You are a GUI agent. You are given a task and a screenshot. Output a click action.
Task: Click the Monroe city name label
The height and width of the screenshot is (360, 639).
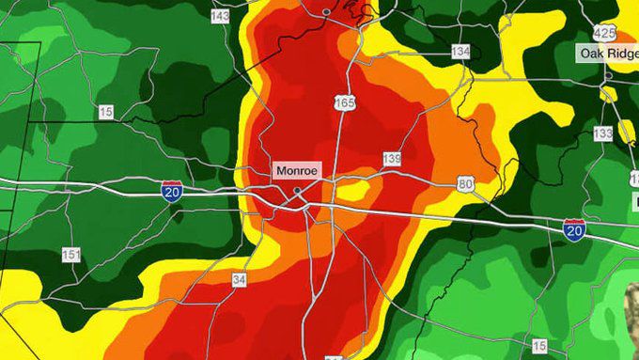(297, 172)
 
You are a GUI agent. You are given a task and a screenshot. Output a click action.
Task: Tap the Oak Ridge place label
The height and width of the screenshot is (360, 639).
(607, 54)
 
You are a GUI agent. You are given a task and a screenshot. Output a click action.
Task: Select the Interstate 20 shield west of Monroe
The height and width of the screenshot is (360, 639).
(172, 192)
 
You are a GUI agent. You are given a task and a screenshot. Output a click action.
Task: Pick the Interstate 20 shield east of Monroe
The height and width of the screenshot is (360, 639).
(574, 227)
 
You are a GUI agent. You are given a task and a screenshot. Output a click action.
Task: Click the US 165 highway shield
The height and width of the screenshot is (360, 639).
(345, 102)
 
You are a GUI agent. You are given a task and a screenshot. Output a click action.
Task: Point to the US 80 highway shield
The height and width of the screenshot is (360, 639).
(465, 184)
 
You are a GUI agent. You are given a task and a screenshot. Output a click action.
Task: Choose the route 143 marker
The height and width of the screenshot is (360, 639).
(221, 17)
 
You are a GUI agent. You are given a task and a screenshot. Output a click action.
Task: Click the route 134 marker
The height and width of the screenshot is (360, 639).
(460, 52)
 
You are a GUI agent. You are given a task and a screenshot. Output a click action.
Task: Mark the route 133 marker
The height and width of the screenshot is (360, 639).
(602, 134)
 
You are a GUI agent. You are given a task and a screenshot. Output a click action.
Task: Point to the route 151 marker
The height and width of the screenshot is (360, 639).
(70, 255)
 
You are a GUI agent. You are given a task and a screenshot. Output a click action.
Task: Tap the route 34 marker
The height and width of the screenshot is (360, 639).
(240, 278)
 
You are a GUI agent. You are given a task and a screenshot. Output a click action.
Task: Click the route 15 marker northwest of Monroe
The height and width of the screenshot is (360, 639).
(105, 112)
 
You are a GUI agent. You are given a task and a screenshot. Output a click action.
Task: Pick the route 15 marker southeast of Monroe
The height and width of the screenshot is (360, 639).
(538, 346)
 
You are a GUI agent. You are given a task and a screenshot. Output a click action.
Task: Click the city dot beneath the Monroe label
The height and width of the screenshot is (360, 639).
(297, 191)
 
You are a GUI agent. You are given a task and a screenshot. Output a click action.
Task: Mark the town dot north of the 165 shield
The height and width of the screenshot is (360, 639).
(326, 11)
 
